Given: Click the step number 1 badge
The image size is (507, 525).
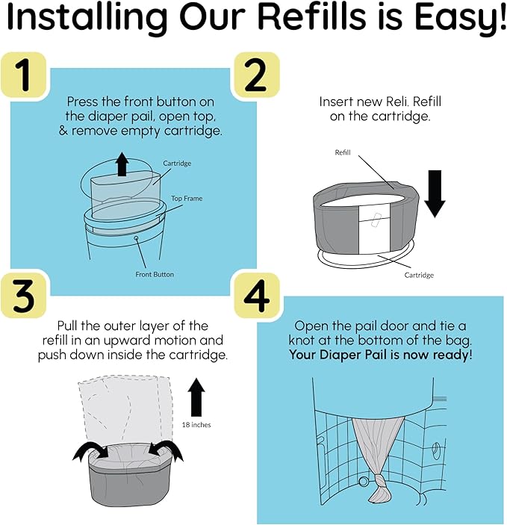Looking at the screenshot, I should (x=25, y=75).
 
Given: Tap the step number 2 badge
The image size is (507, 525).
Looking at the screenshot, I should (x=257, y=75).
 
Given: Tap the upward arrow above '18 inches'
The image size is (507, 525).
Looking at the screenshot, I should (x=196, y=397).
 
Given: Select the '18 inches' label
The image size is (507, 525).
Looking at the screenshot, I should (x=196, y=424).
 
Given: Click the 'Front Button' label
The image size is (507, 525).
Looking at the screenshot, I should (x=155, y=274).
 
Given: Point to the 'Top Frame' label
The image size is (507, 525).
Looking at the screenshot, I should (x=187, y=199).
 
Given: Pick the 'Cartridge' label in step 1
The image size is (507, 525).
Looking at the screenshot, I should (x=178, y=162).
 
